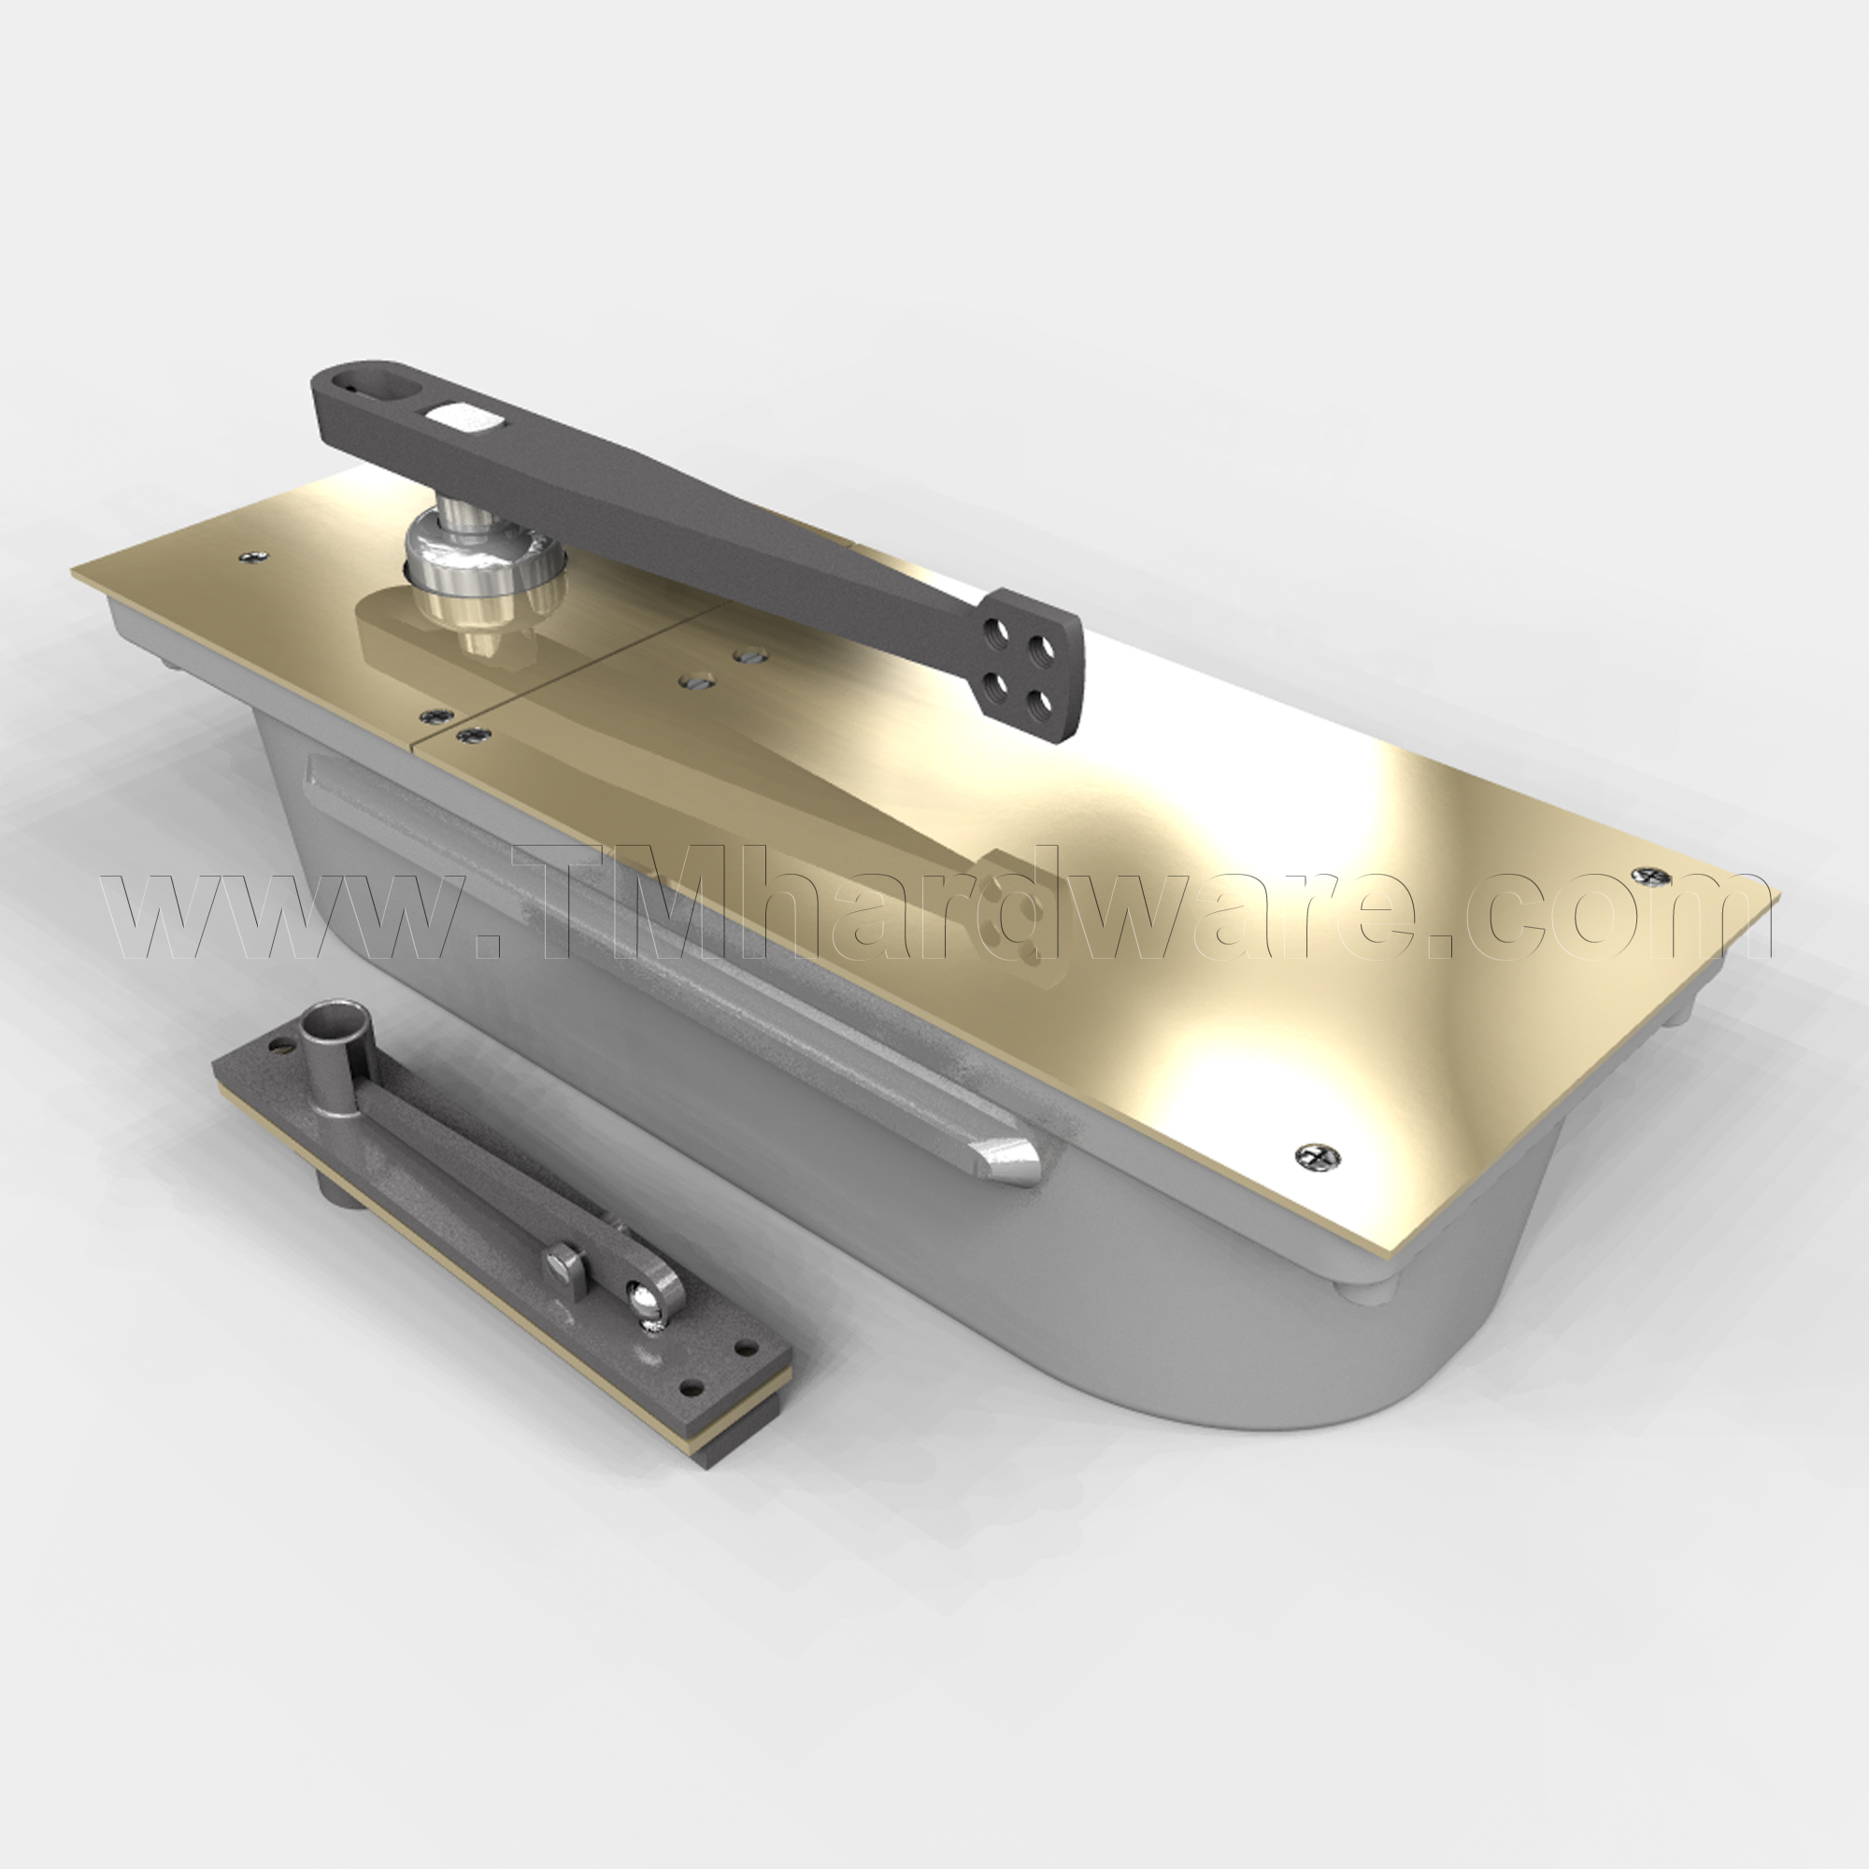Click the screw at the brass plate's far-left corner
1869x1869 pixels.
pyautogui.click(x=254, y=556)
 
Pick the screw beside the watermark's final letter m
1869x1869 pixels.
pyautogui.click(x=1650, y=877)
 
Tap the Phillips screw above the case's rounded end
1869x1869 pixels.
pyautogui.click(x=1317, y=1155)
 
